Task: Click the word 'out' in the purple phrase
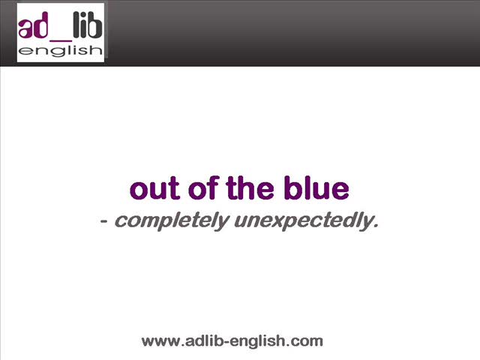click(x=154, y=188)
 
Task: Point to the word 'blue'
click(x=316, y=187)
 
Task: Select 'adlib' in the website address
click(x=203, y=340)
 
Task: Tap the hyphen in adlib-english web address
click(x=226, y=342)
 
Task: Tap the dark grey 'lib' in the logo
click(x=88, y=25)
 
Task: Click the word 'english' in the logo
click(x=60, y=51)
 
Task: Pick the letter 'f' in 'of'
click(x=213, y=187)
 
